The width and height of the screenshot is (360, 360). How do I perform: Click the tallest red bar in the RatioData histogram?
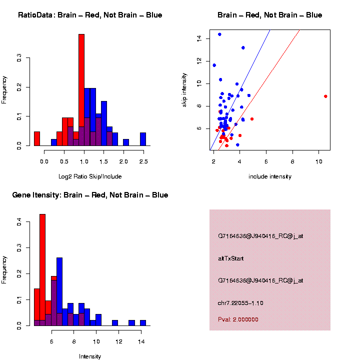pyautogui.click(x=81, y=90)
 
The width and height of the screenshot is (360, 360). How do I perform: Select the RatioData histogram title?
pyautogui.click(x=90, y=15)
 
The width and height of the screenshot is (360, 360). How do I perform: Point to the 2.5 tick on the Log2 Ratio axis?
pyautogui.click(x=143, y=161)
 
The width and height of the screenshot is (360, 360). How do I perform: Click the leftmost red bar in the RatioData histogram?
pyautogui.click(x=37, y=138)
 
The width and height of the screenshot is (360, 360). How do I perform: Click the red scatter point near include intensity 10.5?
pyautogui.click(x=325, y=96)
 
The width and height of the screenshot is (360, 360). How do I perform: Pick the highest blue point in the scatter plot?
pyautogui.click(x=219, y=34)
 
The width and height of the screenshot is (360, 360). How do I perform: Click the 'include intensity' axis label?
pyautogui.click(x=269, y=176)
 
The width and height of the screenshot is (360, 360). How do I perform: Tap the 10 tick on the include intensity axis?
pyautogui.click(x=319, y=161)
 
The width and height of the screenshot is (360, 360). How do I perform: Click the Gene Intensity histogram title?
pyautogui.click(x=90, y=195)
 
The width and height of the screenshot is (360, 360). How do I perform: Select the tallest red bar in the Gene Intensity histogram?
pyautogui.click(x=42, y=270)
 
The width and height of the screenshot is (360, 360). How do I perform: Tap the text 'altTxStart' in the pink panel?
pyautogui.click(x=230, y=258)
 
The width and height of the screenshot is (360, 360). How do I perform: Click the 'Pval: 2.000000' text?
pyautogui.click(x=238, y=319)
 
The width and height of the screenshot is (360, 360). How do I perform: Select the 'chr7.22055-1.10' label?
pyautogui.click(x=240, y=303)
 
